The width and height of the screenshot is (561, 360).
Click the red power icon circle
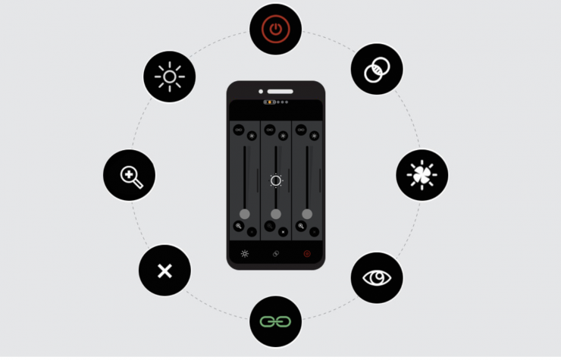point(276,30)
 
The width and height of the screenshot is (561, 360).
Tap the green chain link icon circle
point(276,321)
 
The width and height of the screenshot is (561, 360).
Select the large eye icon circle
point(377,277)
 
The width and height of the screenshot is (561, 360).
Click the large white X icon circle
point(165,271)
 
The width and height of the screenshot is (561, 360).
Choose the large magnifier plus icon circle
point(130,176)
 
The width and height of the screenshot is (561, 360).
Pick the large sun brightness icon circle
point(170,77)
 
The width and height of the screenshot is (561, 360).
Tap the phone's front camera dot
point(260,91)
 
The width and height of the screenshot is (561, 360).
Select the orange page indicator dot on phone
point(271,102)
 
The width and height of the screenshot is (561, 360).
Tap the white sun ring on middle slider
point(276,180)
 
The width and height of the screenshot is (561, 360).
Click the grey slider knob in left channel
point(245,214)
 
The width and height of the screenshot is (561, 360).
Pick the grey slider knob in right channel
point(307,214)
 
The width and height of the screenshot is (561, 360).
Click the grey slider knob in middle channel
point(276,214)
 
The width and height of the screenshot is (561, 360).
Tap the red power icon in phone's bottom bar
point(307,254)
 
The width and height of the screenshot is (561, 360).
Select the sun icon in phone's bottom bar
point(245,254)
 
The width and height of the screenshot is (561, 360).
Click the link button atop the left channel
point(239,130)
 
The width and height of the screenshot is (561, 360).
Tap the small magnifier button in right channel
point(301,226)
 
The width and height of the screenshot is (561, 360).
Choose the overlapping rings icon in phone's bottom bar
point(276,254)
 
